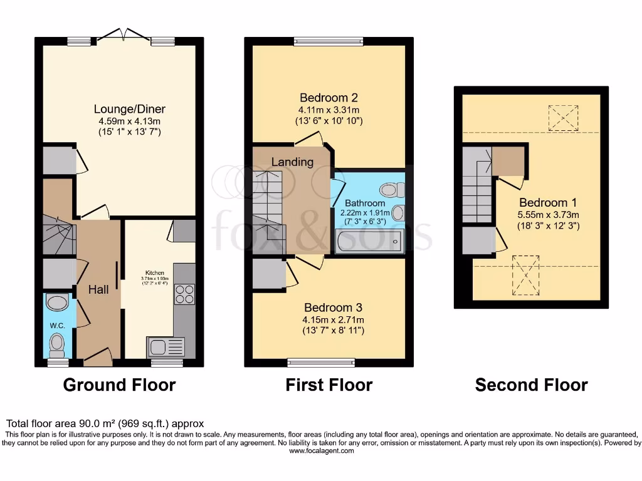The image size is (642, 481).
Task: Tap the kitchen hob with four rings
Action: [x=185, y=294]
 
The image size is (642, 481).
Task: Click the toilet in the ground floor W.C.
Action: [x=58, y=343]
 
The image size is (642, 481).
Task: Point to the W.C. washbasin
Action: [x=58, y=303]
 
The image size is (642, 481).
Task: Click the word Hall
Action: [x=98, y=289]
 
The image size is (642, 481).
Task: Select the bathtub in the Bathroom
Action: [x=368, y=240]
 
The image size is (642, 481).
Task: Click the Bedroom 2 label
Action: [x=329, y=98]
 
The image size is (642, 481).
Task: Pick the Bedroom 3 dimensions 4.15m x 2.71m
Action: [x=334, y=319]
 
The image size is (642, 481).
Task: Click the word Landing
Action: [x=292, y=162]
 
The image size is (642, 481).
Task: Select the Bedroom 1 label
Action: [x=549, y=202]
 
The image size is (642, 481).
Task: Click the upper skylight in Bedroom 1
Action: [x=562, y=118]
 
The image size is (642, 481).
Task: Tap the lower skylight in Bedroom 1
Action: [x=525, y=275]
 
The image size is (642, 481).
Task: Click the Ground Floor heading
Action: [x=119, y=385]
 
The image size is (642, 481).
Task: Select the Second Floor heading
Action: [x=531, y=385]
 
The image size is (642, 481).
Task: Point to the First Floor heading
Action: [x=329, y=385]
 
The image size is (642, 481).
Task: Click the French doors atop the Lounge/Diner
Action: [x=122, y=36]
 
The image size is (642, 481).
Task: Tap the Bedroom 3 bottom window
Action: [x=321, y=361]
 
